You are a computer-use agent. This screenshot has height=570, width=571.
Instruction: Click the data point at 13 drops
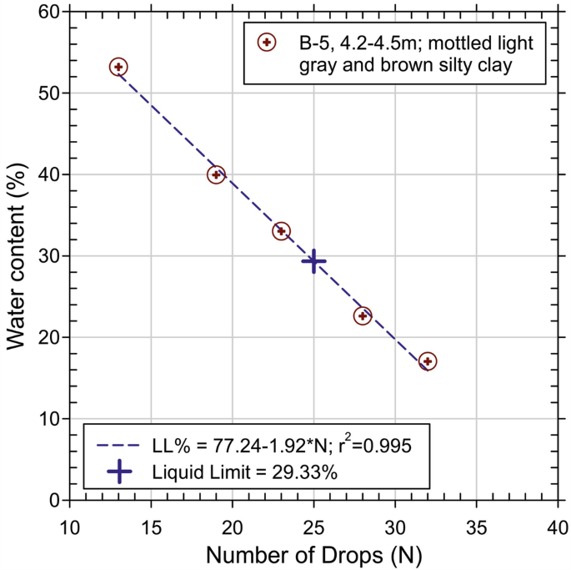coord(118,67)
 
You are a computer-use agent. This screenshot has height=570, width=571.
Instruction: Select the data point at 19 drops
coord(216,174)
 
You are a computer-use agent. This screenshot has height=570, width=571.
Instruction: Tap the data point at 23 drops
coord(281,231)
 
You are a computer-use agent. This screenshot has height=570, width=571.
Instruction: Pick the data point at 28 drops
coord(363,315)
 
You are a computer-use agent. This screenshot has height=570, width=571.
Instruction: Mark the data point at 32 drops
coord(428,361)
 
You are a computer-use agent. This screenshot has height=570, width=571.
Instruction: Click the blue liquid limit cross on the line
coord(313,261)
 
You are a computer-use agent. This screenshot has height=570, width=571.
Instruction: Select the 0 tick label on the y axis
coord(54,500)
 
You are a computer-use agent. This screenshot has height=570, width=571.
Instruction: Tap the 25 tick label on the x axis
coord(313,527)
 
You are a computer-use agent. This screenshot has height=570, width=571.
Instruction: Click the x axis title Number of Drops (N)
coord(313,554)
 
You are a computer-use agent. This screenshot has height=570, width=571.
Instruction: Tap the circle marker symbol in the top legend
coord(266,42)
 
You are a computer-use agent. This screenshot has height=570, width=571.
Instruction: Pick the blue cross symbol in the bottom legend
coord(120,472)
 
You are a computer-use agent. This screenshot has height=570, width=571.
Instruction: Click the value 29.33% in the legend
coord(306,472)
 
